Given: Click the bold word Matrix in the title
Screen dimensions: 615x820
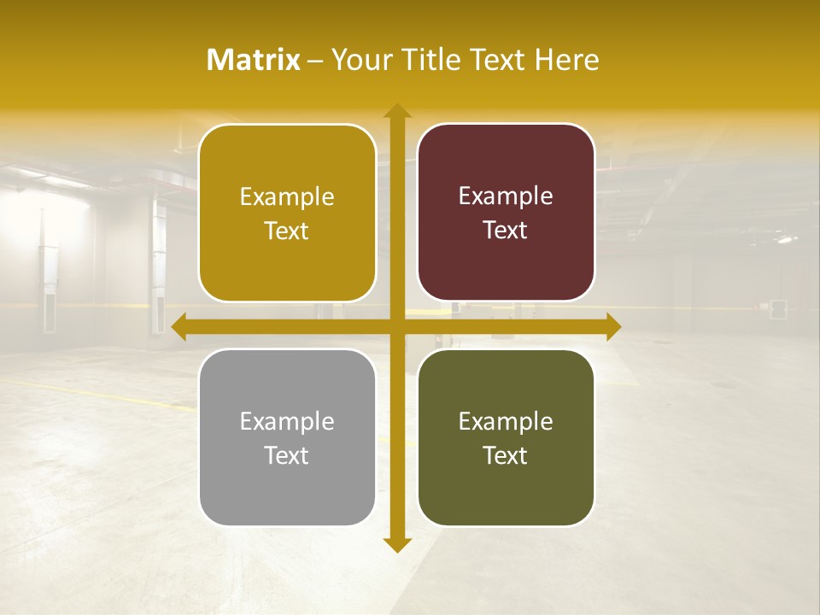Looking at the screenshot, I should click(x=254, y=60).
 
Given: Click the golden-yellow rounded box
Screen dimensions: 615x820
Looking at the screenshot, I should click(x=287, y=213).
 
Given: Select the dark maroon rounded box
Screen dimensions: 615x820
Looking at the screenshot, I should click(x=506, y=213).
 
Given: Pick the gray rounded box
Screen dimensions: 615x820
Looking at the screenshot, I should click(x=287, y=437).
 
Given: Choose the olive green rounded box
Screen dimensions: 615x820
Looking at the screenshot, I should click(x=506, y=437).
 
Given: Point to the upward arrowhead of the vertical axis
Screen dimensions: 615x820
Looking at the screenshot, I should click(x=396, y=112).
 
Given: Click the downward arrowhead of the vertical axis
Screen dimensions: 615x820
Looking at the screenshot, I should click(x=396, y=544).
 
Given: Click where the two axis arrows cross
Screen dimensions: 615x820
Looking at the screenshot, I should click(x=396, y=327).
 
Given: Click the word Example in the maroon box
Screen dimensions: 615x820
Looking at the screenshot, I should click(x=506, y=196).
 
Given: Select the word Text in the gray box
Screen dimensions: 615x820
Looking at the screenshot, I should click(x=287, y=455).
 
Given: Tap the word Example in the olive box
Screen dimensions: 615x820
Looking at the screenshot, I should click(x=506, y=421).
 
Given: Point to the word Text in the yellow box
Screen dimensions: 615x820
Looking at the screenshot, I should click(x=287, y=231).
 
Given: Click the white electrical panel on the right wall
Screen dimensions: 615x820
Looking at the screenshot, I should click(x=778, y=307).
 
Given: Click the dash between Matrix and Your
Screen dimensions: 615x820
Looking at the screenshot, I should click(x=315, y=61).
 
